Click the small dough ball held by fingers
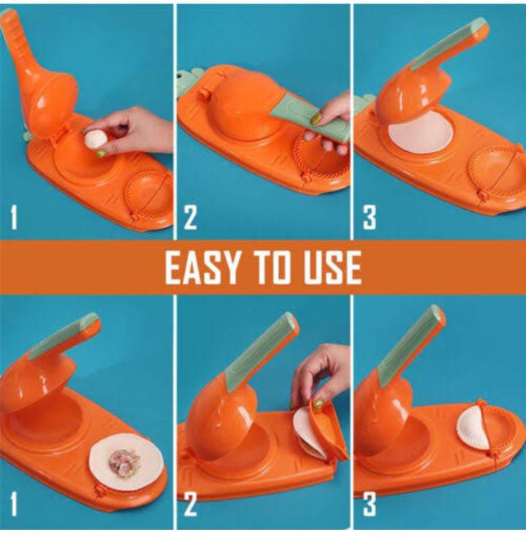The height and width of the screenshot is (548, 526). click(94, 139)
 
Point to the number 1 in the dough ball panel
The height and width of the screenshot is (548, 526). click(13, 218)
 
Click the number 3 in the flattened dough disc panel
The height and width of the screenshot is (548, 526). click(370, 218)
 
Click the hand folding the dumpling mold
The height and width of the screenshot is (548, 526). click(321, 373)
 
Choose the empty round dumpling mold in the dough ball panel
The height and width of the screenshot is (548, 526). click(148, 194)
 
